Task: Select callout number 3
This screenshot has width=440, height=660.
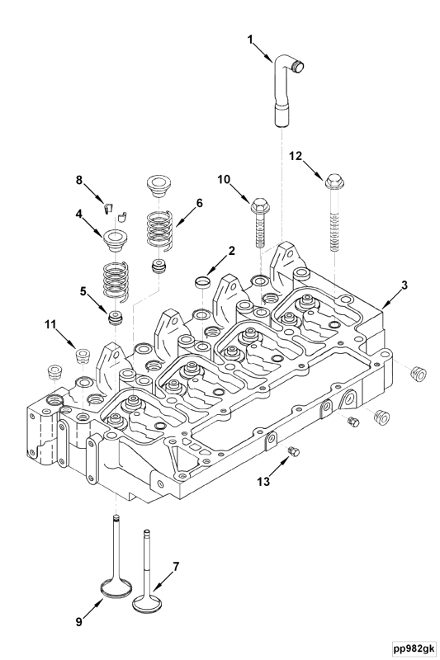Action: [403, 285]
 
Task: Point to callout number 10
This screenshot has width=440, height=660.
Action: [224, 179]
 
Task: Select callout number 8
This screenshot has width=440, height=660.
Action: [79, 179]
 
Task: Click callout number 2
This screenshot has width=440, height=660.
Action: [232, 249]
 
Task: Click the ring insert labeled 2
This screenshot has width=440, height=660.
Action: [201, 283]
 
